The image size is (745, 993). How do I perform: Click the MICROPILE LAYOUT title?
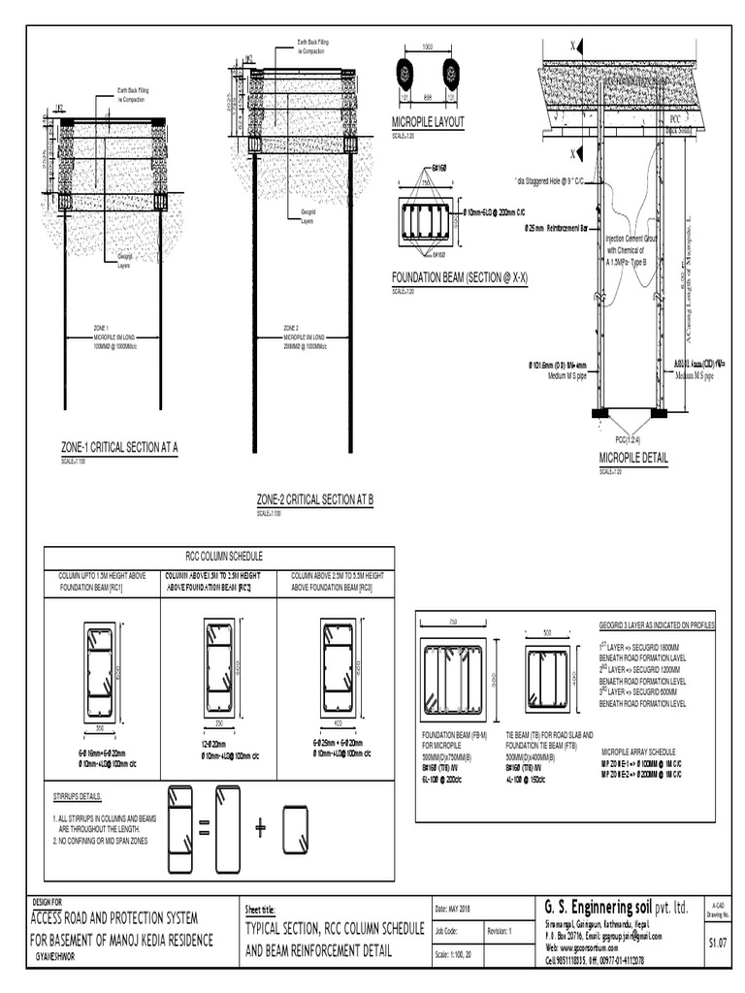(x=428, y=122)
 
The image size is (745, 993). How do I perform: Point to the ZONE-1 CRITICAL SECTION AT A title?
(x=119, y=447)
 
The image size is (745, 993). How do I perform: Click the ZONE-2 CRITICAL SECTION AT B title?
(x=314, y=499)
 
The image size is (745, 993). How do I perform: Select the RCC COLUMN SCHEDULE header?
(x=218, y=556)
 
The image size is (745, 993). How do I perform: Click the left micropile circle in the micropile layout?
(x=404, y=74)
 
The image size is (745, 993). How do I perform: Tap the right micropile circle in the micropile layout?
(x=451, y=74)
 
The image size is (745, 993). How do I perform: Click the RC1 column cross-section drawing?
(x=101, y=671)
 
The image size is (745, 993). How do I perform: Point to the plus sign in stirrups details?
(x=260, y=827)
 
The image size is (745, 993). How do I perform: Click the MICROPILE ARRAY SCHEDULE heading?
(x=638, y=752)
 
